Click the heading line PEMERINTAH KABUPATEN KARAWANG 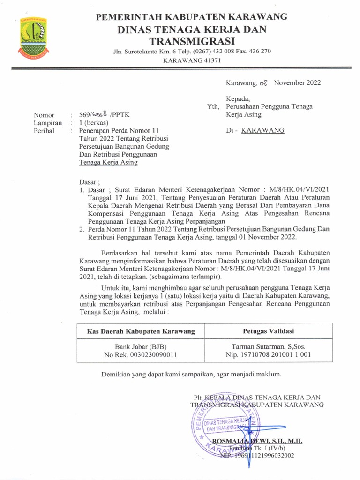point(191,17)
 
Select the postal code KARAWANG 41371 point(191,60)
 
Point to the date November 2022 point(297,83)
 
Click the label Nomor point(44,115)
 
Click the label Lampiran point(47,123)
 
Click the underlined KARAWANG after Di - point(262,130)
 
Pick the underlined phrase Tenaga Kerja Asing point(108,163)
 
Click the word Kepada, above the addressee point(238,99)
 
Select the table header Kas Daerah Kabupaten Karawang point(141,331)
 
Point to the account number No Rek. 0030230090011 point(141,355)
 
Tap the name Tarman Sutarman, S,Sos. point(265,347)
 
